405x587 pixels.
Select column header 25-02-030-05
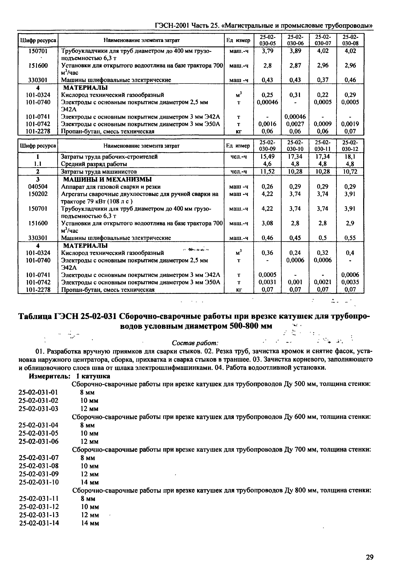pos(268,40)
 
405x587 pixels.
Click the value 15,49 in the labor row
pos(268,157)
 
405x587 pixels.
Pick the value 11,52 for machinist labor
pos(268,172)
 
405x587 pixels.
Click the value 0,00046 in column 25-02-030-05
pos(268,102)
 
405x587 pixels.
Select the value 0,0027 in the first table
pos(295,124)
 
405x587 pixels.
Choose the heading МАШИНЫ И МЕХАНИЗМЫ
pos(107,179)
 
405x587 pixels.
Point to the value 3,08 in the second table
pos(268,223)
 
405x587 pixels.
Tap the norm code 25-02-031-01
pos(38,392)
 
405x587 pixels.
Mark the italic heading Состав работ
pos(195,343)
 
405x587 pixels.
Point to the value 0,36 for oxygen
pos(268,253)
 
